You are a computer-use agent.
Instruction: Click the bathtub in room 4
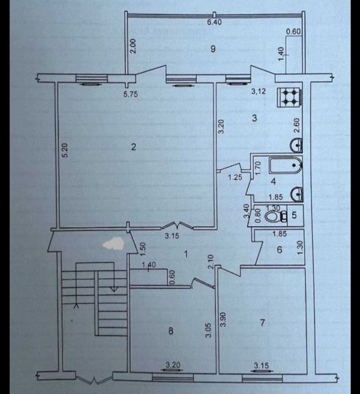click(x=286, y=166)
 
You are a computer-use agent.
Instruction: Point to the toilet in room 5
click(x=273, y=216)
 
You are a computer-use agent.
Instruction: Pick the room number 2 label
click(x=134, y=147)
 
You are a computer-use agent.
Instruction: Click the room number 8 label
click(x=170, y=331)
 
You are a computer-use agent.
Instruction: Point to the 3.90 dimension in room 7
click(x=223, y=320)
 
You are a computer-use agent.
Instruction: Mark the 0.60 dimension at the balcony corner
click(x=293, y=32)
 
